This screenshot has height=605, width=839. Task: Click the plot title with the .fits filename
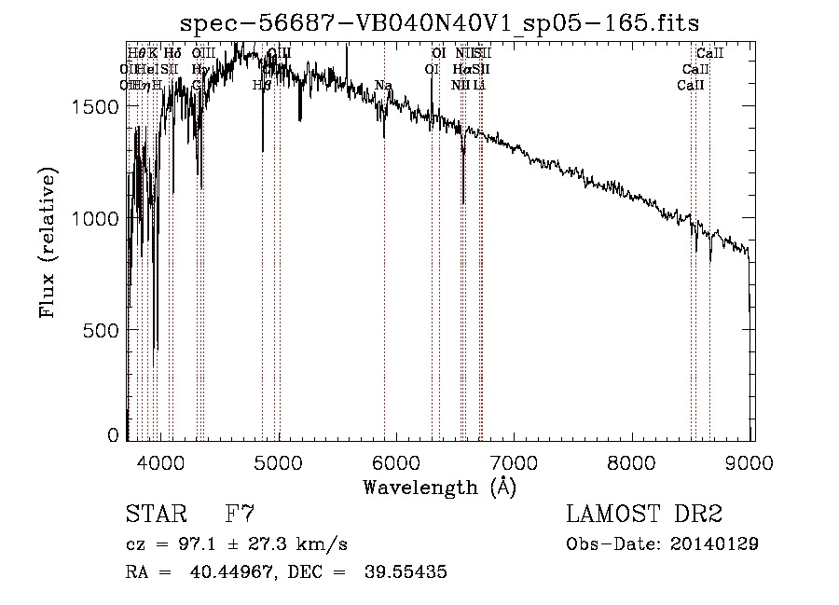tap(439, 22)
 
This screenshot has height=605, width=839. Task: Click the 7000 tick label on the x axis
tap(515, 463)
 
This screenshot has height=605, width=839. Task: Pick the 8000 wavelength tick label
tap(633, 463)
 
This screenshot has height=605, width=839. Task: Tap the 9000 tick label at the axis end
tap(751, 463)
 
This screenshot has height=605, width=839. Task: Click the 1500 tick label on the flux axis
tap(97, 106)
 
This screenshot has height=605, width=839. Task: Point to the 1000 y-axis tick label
tap(97, 218)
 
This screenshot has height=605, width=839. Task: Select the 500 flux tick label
tap(103, 330)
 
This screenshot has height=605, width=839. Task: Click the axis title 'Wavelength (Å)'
tap(439, 487)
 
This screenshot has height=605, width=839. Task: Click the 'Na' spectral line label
tap(383, 86)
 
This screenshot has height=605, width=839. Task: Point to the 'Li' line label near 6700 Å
tap(479, 86)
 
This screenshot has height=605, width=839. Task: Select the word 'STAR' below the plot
tap(155, 514)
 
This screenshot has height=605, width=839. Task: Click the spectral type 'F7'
tap(241, 514)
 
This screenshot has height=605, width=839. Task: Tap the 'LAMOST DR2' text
tap(644, 514)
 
